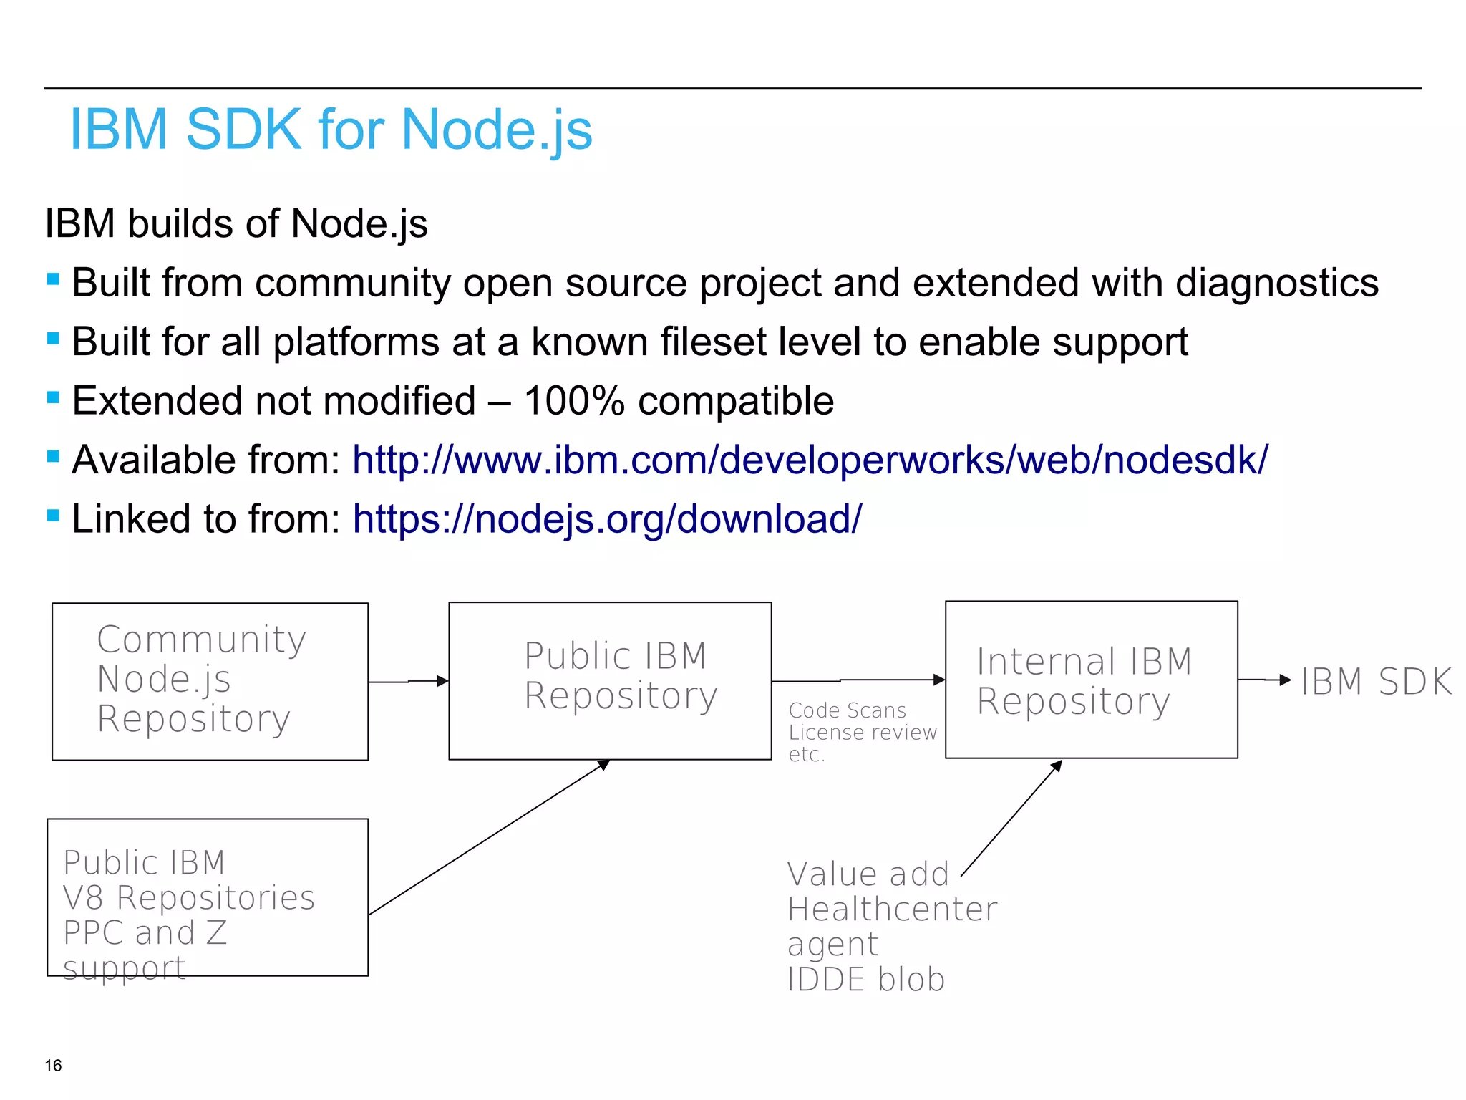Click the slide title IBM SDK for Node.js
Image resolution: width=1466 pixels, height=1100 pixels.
click(x=331, y=130)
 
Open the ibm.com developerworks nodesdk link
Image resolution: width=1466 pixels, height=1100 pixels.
click(x=810, y=460)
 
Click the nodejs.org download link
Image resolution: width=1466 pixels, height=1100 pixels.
click(x=607, y=518)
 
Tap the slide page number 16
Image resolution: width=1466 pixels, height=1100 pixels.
click(x=53, y=1065)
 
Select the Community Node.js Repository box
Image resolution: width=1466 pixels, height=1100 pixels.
click(x=210, y=681)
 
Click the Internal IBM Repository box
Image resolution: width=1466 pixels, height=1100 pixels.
click(x=1091, y=680)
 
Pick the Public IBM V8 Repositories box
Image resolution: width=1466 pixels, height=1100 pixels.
click(x=208, y=897)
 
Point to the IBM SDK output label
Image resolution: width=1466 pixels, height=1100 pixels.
click(x=1376, y=681)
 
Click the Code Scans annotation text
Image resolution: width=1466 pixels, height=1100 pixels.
click(x=848, y=710)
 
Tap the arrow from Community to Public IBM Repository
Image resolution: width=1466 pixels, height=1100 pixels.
click(x=409, y=681)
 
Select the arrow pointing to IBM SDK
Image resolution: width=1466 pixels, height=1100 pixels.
click(x=1265, y=680)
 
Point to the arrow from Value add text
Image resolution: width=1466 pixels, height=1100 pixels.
click(x=1011, y=819)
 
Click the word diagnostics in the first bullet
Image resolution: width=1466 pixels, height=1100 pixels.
click(x=1276, y=283)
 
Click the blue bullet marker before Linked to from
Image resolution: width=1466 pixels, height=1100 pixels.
click(x=53, y=515)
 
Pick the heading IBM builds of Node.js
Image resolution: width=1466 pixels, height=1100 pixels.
click(x=236, y=223)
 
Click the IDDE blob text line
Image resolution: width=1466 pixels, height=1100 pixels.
click(x=866, y=980)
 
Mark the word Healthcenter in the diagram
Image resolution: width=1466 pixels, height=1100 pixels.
click(x=892, y=910)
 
